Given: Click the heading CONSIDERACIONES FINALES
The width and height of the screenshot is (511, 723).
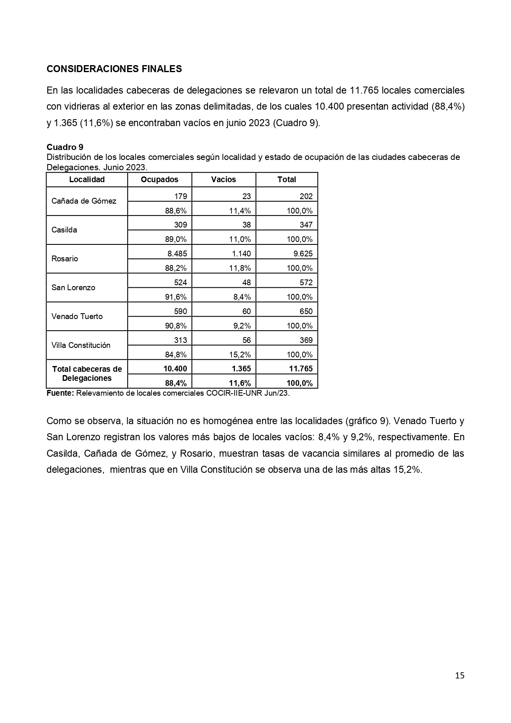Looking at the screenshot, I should pos(114,69).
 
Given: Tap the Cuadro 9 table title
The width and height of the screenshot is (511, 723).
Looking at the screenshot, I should pos(65,147).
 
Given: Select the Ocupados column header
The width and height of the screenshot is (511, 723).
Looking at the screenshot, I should pos(159,179).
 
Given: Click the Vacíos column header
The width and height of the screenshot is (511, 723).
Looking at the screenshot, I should pos(224,179).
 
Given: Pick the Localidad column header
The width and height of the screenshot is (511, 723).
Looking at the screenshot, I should pos(87,179).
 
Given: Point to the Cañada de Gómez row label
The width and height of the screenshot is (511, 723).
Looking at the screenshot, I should pos(84,201).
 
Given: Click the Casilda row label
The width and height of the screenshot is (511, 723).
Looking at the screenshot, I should pos(64,230).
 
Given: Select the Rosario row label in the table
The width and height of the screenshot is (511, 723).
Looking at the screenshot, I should pos(65,259).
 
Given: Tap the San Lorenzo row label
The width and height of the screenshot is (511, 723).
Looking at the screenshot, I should pos(73,288).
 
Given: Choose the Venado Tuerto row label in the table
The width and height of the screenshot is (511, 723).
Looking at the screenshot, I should pos(77,317).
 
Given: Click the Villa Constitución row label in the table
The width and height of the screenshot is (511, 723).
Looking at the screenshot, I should pos(81,345).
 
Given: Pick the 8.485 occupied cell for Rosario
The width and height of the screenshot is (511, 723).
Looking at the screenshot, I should pos(176,254).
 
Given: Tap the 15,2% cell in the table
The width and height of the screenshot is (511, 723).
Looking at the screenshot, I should pos(240,354).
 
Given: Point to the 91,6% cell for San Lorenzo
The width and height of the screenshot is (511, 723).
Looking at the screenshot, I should pos(176,297).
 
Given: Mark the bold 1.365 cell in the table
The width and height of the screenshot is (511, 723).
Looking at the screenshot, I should pos(241,369).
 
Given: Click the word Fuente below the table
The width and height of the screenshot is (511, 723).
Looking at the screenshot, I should pos(60,393).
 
